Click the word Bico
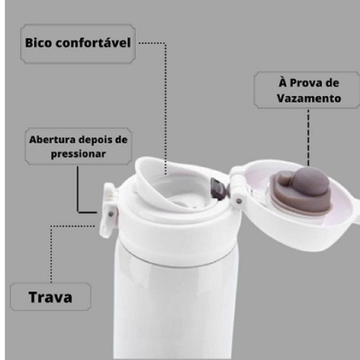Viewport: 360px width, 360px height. click(39, 43)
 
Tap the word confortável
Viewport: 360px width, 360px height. click(93, 43)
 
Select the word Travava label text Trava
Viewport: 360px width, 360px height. click(50, 297)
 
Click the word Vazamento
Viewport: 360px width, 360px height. click(309, 98)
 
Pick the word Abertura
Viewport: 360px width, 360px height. click(52, 140)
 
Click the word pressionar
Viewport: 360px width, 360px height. click(78, 154)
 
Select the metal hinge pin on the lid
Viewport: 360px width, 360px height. click(239, 201)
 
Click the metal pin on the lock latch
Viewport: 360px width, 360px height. click(111, 214)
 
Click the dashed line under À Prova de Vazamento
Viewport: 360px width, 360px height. click(308, 138)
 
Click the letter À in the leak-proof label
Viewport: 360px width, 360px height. click(283, 82)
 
